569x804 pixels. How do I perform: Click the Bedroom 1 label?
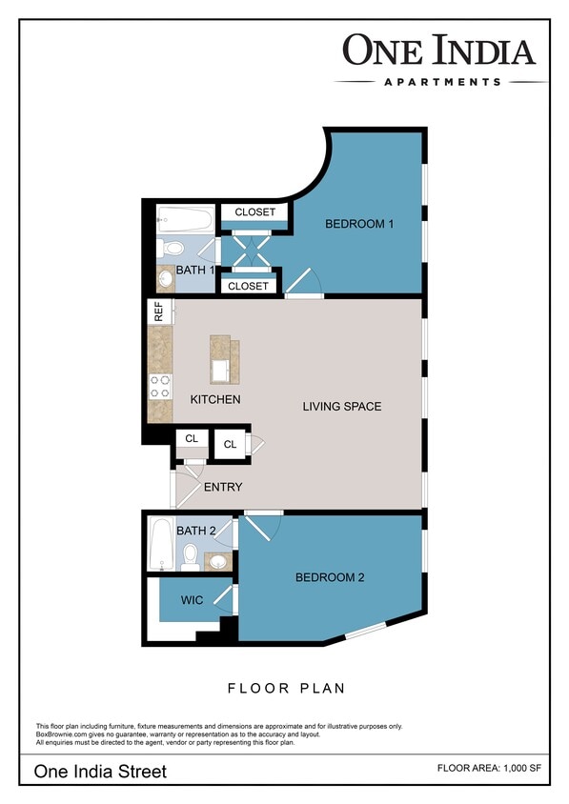click(x=359, y=224)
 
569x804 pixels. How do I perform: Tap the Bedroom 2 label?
click(x=329, y=577)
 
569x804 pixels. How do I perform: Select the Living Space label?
click(x=341, y=407)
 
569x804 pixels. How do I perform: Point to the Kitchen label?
click(x=215, y=399)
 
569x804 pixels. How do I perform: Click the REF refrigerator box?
click(x=159, y=312)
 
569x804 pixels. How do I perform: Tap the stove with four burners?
click(x=159, y=385)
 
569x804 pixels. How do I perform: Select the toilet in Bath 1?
click(x=172, y=249)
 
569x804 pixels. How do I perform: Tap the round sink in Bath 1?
click(x=165, y=280)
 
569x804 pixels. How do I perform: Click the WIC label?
click(x=193, y=600)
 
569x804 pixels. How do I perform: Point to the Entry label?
click(x=223, y=487)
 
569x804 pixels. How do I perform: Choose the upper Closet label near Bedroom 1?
click(x=254, y=211)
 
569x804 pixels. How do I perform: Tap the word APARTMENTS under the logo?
click(x=441, y=82)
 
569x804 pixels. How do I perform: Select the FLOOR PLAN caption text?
click(x=286, y=688)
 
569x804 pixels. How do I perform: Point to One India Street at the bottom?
click(x=100, y=771)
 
